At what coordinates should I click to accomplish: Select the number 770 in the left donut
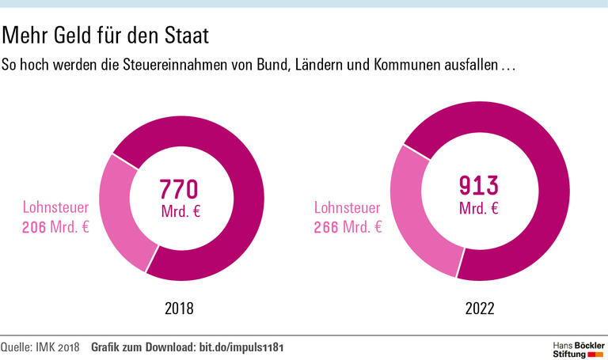pos(178,189)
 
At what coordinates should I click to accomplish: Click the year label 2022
pos(478,309)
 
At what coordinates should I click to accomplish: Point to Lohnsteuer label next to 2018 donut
pos(55,209)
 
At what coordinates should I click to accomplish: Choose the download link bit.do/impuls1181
pos(241,347)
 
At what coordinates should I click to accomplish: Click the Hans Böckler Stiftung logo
pos(577,348)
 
